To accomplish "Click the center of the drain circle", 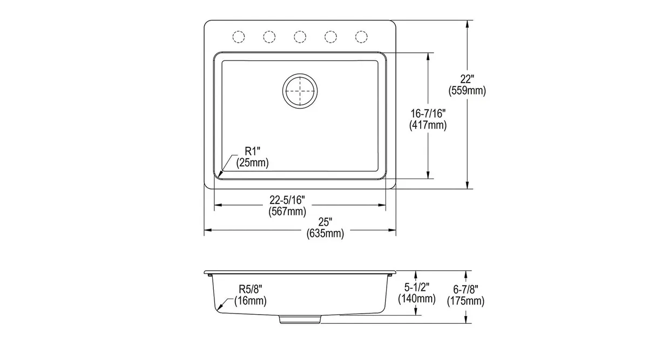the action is (300, 91).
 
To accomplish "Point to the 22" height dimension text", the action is (467, 79).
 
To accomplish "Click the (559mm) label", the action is (467, 91).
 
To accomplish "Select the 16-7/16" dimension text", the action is (428, 114).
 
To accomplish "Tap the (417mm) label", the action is (428, 125).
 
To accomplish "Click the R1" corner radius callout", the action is (253, 151).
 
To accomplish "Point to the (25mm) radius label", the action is (253, 162).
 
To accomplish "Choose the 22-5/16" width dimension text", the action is (287, 200).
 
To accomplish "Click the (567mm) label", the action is (287, 212).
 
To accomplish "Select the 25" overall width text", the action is (326, 222).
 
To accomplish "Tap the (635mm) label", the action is (326, 234).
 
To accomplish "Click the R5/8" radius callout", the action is (251, 289).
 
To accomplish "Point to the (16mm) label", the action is (251, 301).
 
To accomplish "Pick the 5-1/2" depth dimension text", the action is (417, 287).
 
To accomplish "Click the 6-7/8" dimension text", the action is (465, 289).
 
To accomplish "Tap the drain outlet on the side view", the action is (300, 319).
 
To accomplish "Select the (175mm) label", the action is (465, 301).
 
